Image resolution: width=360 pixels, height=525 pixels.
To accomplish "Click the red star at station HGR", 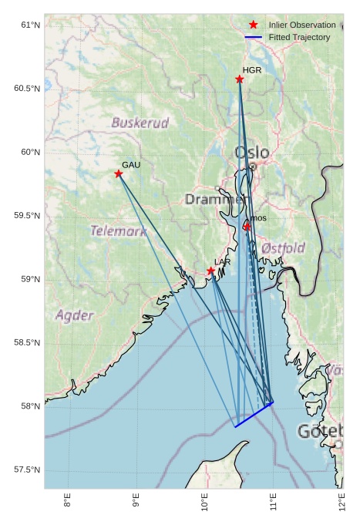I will [x=240, y=79].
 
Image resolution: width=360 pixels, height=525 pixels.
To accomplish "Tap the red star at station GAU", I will [x=119, y=173].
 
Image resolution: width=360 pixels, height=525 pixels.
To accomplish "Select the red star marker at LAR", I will [x=211, y=271].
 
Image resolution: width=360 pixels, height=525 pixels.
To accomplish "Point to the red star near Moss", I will [x=247, y=227].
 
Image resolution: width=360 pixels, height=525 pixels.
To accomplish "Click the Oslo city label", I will [x=252, y=153].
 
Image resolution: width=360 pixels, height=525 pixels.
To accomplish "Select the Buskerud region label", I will [x=140, y=123].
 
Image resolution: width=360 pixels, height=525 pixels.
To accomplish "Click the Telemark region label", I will [x=118, y=231].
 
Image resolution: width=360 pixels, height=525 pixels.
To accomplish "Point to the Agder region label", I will [x=74, y=315].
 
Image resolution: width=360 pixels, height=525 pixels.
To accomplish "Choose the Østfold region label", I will [x=283, y=248].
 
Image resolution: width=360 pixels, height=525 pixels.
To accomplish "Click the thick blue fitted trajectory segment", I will [x=254, y=415].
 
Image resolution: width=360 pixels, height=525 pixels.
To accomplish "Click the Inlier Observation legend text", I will [x=302, y=25].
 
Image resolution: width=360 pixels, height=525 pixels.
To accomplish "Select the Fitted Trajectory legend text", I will [x=299, y=38].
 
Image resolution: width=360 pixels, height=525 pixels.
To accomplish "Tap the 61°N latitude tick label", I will [x=29, y=25].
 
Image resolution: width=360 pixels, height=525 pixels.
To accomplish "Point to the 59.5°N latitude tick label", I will [x=27, y=216].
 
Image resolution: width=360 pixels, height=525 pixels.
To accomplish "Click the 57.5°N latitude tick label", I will [x=27, y=470].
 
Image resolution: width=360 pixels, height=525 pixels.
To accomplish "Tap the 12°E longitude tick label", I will [x=342, y=502].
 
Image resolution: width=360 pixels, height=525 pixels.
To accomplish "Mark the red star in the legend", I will [x=254, y=25].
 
